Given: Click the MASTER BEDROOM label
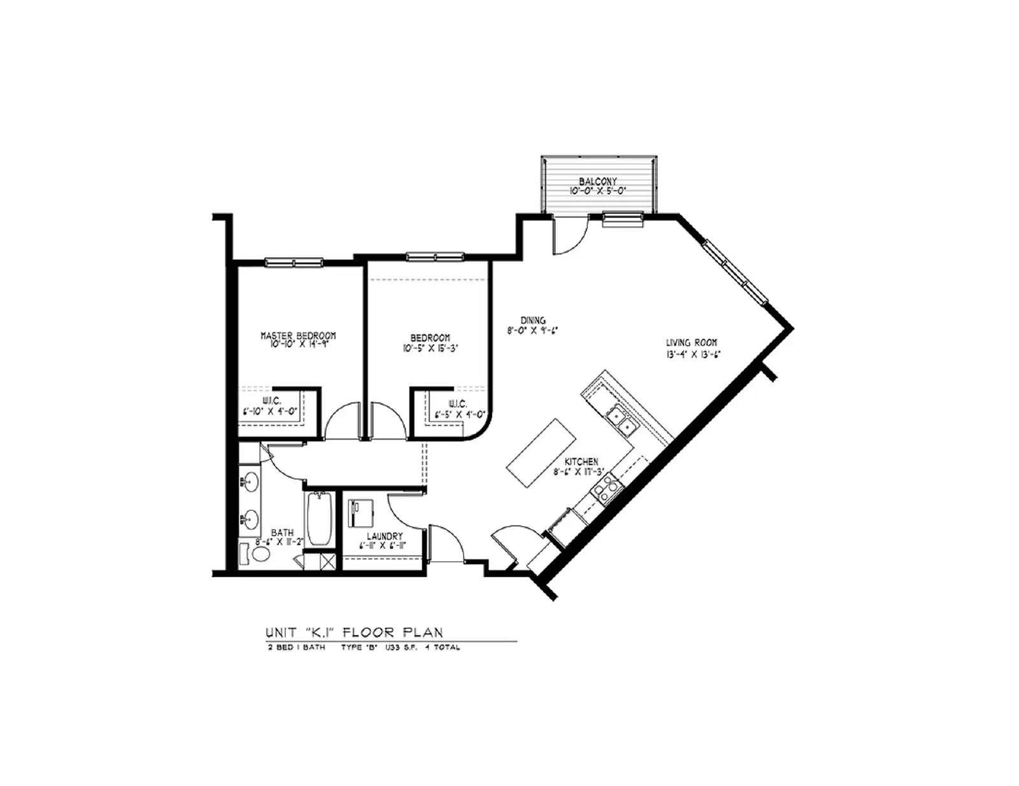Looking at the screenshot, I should click(298, 335).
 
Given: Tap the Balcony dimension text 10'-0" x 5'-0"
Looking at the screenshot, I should click(597, 190).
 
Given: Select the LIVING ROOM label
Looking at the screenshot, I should click(692, 343).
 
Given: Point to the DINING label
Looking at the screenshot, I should click(533, 320).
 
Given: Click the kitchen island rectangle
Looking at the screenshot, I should click(541, 453).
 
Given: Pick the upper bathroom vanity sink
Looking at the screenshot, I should click(250, 480).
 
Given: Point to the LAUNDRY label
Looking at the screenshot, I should click(384, 536).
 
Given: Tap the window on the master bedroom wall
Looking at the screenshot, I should click(294, 262).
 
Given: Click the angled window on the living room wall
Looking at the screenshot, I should click(736, 271).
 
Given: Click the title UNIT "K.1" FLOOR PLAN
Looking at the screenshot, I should click(354, 632).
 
